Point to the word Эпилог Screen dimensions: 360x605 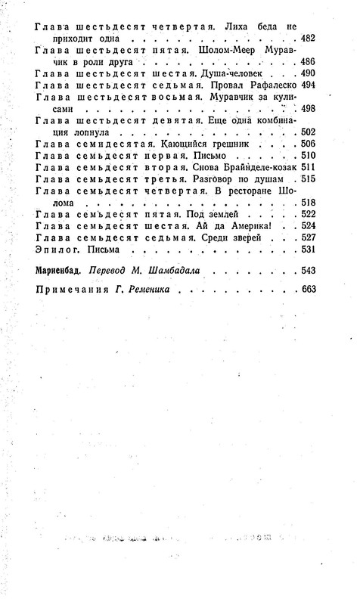(54, 251)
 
